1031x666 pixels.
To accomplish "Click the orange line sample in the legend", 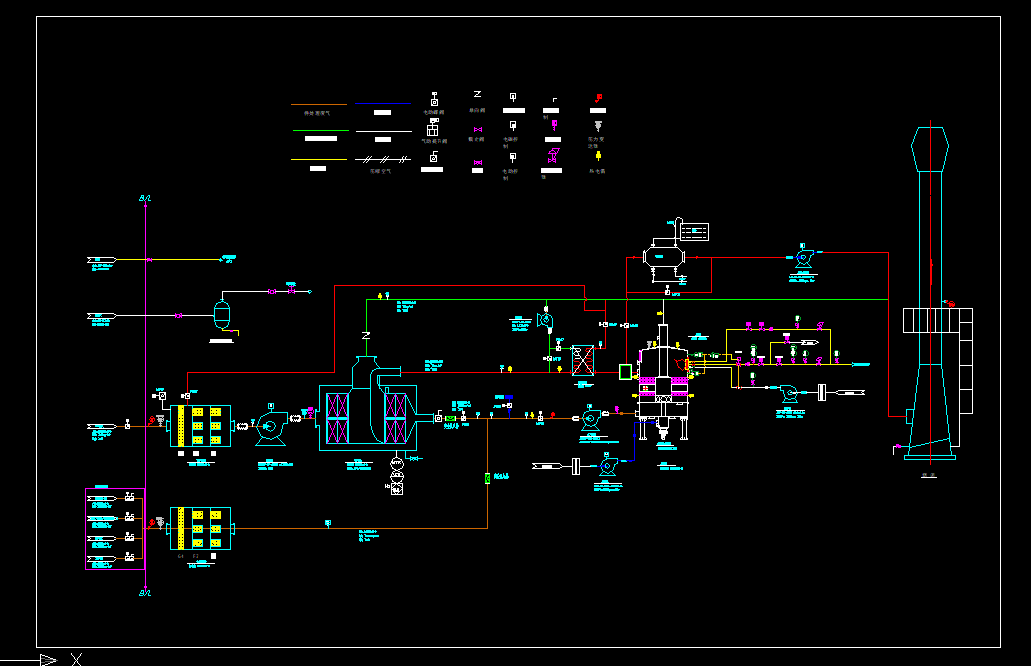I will coord(318,104).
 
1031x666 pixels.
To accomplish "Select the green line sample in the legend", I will coord(320,131).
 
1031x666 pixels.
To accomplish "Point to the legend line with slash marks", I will coord(382,159).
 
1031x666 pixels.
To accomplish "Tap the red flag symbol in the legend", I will coord(598,97).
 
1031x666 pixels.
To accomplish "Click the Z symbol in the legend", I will coord(477,94).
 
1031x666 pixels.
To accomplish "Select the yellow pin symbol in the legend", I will coord(598,156).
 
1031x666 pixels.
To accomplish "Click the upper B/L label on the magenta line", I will coord(145,199).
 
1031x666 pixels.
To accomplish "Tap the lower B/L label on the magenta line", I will coord(145,592).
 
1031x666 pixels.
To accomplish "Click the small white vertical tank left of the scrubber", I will coord(222,314).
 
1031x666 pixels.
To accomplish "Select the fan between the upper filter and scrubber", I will coord(268,427).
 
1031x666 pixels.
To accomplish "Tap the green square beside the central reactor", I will coord(626,372).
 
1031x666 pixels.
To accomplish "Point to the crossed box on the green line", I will coord(583,359).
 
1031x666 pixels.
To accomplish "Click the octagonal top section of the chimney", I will coord(931,150).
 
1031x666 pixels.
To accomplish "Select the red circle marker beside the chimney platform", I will coord(951,302).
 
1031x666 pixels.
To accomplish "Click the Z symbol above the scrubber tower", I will coord(366,333).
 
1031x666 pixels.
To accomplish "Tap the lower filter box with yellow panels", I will coord(200,527).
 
